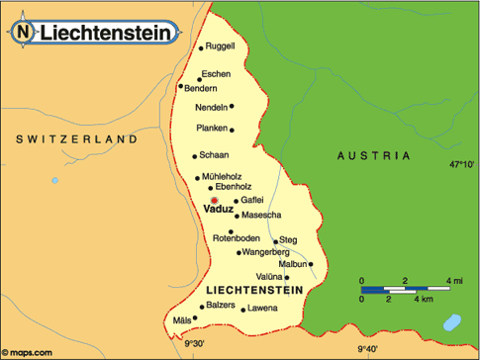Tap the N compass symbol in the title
click(x=23, y=32)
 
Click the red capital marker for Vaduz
click(x=214, y=200)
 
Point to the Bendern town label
click(x=201, y=88)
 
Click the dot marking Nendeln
click(x=232, y=107)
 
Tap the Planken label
click(x=212, y=129)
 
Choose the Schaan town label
click(x=214, y=155)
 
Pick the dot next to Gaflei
click(x=235, y=201)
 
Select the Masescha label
click(x=261, y=216)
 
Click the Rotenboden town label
click(x=236, y=237)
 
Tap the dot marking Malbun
click(x=311, y=263)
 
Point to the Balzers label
click(x=222, y=306)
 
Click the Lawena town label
click(x=262, y=309)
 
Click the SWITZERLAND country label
click(x=76, y=141)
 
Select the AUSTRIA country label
click(x=373, y=156)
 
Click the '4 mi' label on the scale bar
click(x=455, y=282)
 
